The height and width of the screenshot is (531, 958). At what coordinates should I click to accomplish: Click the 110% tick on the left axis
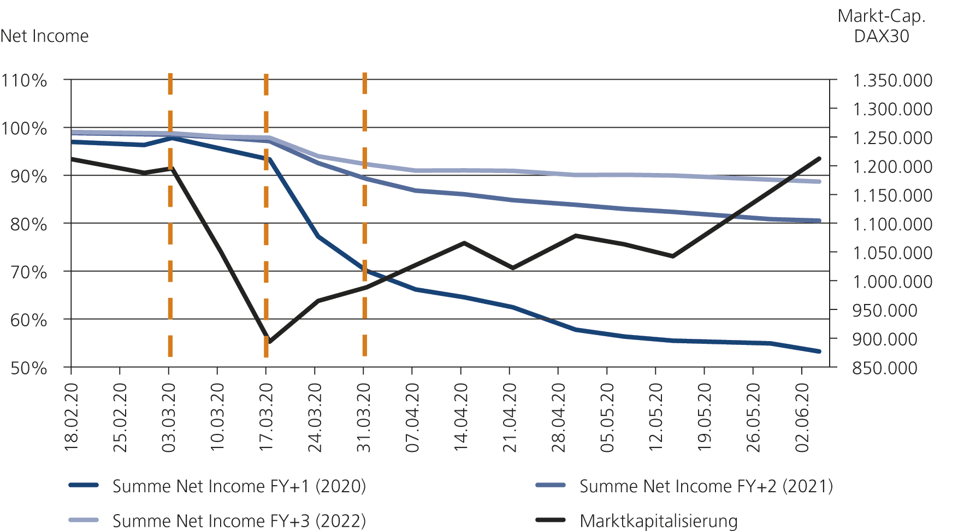(x=24, y=81)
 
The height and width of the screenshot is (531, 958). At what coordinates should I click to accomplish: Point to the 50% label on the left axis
(x=28, y=368)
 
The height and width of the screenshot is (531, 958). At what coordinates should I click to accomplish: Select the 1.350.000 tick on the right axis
(x=892, y=81)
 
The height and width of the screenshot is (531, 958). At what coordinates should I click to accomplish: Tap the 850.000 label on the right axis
(x=885, y=368)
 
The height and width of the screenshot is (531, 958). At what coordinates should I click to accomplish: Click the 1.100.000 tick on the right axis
(x=892, y=224)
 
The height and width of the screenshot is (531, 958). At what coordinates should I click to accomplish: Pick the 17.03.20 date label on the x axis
(x=266, y=417)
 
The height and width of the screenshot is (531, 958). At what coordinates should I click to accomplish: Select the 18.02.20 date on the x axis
(x=72, y=417)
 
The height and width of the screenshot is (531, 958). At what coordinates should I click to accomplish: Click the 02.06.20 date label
(x=802, y=417)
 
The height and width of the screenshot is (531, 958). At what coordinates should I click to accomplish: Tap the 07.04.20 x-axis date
(x=412, y=417)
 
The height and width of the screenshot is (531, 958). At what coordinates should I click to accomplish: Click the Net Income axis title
(x=44, y=36)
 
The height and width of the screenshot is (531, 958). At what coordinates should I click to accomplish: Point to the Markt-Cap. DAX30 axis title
(x=882, y=26)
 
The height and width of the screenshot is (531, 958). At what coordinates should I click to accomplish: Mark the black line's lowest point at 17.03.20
(x=268, y=342)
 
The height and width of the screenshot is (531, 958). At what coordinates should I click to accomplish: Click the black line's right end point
(x=819, y=158)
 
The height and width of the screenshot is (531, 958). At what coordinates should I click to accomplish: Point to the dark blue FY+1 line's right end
(x=819, y=351)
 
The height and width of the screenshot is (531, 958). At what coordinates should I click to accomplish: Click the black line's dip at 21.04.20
(x=512, y=268)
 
